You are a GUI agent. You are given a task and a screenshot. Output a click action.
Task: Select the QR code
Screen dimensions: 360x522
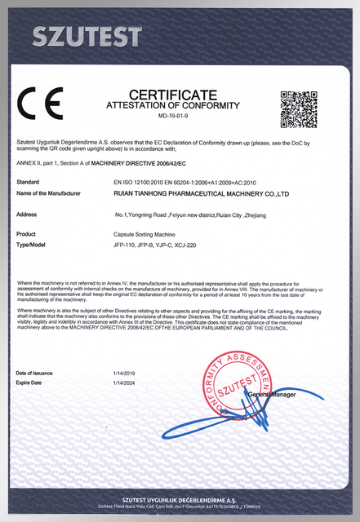coord(298,108)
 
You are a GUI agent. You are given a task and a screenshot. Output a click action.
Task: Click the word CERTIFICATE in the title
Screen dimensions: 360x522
coord(173,95)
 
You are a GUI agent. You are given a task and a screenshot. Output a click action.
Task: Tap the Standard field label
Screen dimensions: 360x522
coord(28,182)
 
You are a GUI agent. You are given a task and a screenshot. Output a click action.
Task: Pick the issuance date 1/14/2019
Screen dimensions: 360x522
coord(125,373)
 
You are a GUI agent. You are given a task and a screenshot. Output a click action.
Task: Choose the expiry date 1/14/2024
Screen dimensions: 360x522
coord(125,382)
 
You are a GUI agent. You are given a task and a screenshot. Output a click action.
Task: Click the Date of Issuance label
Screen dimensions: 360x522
coord(34,373)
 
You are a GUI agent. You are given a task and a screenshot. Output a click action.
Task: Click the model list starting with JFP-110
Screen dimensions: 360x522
coord(156,244)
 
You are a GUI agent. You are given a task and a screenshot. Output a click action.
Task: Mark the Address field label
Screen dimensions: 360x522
coord(26,214)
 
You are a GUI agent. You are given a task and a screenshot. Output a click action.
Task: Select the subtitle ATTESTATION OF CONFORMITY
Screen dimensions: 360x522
coord(173,106)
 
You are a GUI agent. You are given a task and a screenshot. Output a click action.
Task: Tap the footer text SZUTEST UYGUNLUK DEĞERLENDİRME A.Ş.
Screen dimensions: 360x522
coord(180,499)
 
